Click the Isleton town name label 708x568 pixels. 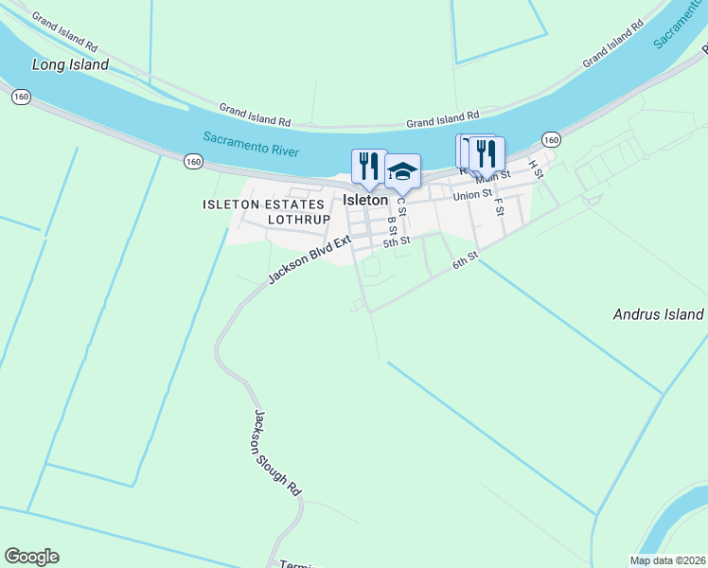coord(364,201)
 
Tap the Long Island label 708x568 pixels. coord(70,65)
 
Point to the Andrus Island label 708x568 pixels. coord(658,314)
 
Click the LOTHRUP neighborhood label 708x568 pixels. coord(298,220)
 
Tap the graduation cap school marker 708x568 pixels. coord(402,171)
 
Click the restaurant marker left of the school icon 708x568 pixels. coord(369,166)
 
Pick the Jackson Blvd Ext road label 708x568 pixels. coord(309,259)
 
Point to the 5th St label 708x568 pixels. coord(397,242)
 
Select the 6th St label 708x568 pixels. coord(465,258)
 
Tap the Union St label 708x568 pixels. coord(472,195)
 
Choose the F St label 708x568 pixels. coord(498,205)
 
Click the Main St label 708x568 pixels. coord(493,175)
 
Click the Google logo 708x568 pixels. coord(31,557)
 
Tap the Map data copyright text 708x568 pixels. coord(668,560)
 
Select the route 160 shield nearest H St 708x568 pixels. coord(552,140)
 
